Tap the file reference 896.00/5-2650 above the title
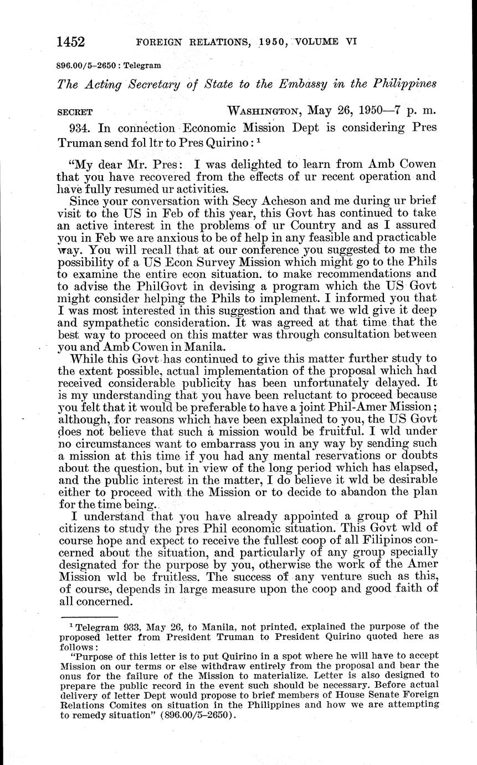[x=86, y=65]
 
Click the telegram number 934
[x=81, y=127]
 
